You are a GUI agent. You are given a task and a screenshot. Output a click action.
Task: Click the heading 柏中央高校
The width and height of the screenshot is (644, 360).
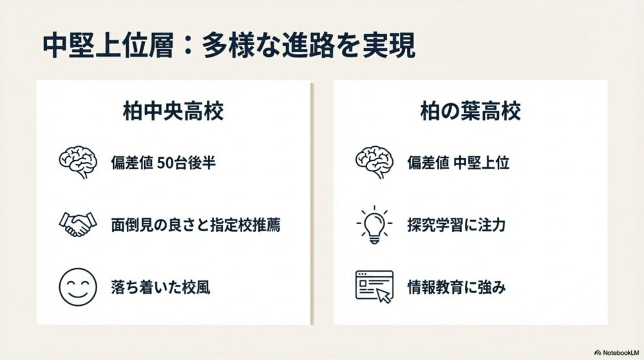coord(173,111)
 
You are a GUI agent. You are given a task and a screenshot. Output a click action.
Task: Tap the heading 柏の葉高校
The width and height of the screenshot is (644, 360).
coord(470,111)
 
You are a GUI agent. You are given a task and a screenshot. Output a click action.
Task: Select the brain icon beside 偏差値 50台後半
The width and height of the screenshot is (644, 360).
coord(78,162)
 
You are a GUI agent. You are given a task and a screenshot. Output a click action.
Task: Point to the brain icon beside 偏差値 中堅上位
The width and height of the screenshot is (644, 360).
coord(374,162)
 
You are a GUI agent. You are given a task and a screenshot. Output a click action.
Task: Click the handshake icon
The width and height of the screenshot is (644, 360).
coord(78,224)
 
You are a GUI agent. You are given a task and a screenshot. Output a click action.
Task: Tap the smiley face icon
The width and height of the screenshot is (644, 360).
coord(78,287)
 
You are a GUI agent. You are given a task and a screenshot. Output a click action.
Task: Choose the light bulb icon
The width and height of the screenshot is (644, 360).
coord(374,225)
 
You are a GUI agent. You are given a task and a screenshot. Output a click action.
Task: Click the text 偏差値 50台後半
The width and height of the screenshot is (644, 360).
coord(163,163)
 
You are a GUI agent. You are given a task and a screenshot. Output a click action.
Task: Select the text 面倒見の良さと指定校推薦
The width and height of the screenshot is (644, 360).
coord(196,225)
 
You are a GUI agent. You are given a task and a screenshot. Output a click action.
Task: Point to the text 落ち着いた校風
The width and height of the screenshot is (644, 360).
coord(160,287)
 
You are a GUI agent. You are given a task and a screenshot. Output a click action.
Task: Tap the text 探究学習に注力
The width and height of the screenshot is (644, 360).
coord(456,225)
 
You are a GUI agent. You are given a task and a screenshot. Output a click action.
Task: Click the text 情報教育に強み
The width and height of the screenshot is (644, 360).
coord(457,287)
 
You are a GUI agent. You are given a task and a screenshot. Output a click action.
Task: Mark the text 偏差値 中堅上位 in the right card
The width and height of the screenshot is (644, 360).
coord(459,163)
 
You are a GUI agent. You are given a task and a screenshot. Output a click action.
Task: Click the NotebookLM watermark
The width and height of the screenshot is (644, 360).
coord(616,353)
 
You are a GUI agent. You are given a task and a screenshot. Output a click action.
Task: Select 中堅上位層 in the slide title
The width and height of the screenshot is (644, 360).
coord(108,46)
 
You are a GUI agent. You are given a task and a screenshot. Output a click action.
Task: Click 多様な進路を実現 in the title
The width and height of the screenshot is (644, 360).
coord(308,46)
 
